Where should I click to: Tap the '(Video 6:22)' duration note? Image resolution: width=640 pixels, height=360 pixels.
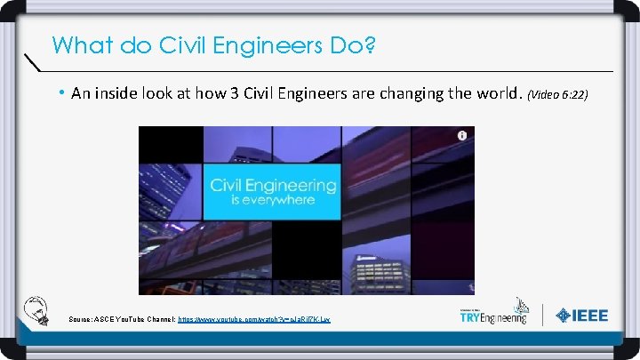click(558, 93)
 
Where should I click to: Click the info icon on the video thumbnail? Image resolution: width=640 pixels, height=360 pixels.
click(462, 136)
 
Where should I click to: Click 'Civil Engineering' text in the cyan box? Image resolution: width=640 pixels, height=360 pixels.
click(273, 186)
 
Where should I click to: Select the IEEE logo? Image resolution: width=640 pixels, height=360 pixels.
click(582, 315)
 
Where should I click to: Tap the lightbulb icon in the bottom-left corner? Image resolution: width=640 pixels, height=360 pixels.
click(37, 308)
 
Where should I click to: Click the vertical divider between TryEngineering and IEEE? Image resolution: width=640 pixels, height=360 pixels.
click(543, 315)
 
